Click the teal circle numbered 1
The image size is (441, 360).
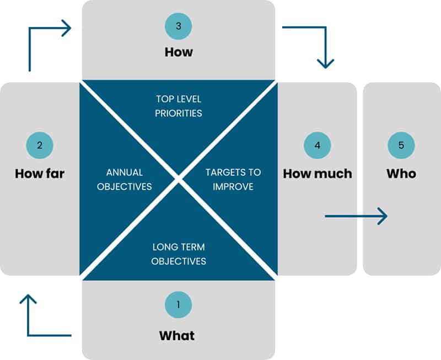(x=178, y=304)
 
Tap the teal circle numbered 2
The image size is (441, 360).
(x=40, y=145)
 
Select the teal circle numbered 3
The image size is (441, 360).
(x=178, y=26)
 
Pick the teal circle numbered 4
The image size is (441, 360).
(x=318, y=145)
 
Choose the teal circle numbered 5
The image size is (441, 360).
(x=401, y=145)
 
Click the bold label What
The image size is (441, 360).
(x=177, y=335)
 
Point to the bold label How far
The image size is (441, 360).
(x=40, y=174)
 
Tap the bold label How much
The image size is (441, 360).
(x=318, y=174)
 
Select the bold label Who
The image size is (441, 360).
(x=401, y=174)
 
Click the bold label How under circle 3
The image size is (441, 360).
(x=179, y=52)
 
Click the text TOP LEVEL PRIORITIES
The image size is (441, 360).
(x=179, y=106)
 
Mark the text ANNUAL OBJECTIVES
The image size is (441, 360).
(x=124, y=179)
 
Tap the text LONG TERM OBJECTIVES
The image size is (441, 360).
(x=179, y=254)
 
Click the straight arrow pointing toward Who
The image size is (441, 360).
(x=356, y=216)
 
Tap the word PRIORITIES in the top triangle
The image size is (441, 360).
(x=179, y=114)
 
